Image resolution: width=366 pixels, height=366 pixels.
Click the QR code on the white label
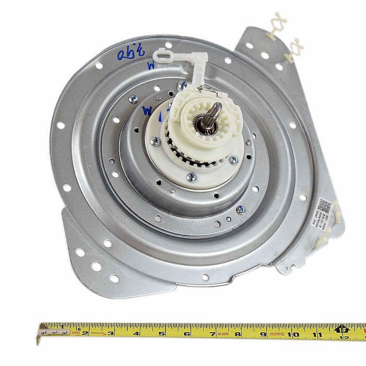point(324,204)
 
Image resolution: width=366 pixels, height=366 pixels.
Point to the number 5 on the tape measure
point(161,333)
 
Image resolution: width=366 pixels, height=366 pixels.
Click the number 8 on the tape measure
point(238,333)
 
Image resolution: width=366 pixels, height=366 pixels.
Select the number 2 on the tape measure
point(85,333)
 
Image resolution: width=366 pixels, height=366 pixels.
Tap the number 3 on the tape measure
point(111,333)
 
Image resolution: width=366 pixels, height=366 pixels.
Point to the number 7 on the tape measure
point(212,333)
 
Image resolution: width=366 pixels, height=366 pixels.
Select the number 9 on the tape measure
point(263,333)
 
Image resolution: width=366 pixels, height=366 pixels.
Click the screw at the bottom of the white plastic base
point(191,178)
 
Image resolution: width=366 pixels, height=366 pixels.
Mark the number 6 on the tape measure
point(187,333)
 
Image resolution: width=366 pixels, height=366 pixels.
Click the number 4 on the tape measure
point(136,333)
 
